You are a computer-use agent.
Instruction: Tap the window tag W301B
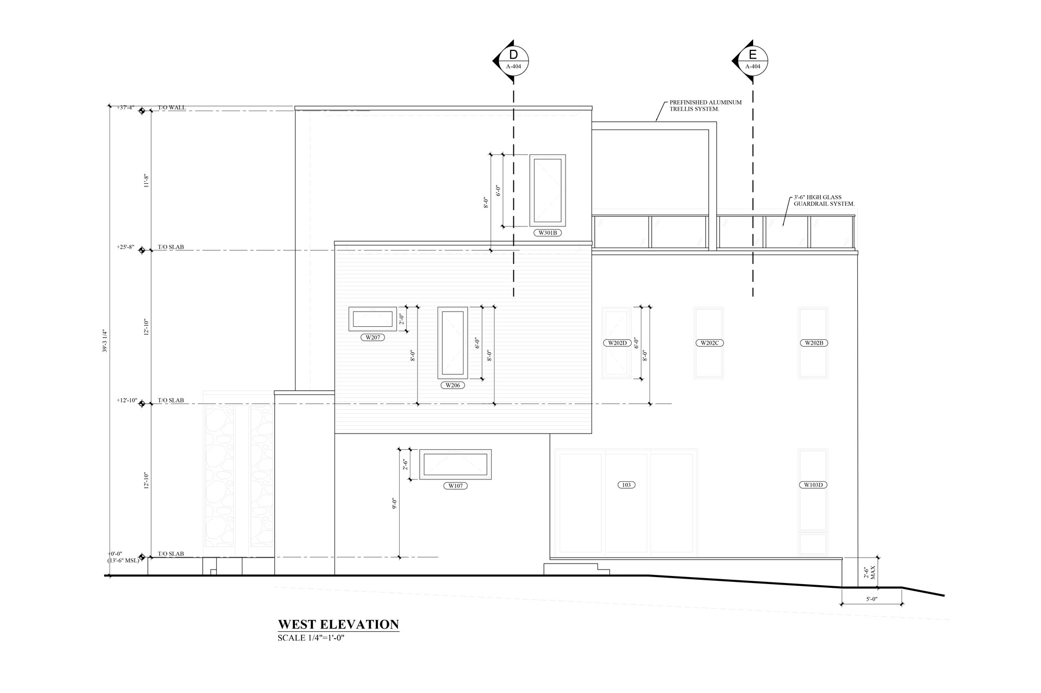click(547, 233)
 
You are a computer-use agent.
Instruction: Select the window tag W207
click(372, 337)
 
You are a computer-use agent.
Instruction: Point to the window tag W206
click(453, 385)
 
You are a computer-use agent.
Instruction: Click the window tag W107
click(455, 486)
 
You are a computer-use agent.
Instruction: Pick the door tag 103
click(626, 485)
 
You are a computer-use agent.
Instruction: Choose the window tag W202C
click(709, 342)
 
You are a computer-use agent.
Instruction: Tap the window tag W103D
click(813, 485)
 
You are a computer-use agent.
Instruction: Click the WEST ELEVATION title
click(338, 624)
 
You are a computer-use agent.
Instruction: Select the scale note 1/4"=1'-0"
click(311, 638)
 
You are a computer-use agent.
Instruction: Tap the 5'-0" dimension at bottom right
click(872, 599)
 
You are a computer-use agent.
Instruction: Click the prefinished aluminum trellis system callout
click(705, 105)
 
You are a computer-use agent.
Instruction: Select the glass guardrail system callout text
click(824, 200)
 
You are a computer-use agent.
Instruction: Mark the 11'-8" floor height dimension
click(146, 180)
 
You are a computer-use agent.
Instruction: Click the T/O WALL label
click(172, 107)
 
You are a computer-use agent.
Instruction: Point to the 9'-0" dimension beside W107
click(395, 504)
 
